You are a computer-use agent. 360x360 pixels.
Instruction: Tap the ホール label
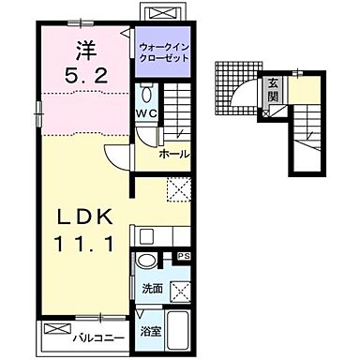pos(174,154)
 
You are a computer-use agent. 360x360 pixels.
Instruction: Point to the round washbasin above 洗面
pos(146,262)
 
